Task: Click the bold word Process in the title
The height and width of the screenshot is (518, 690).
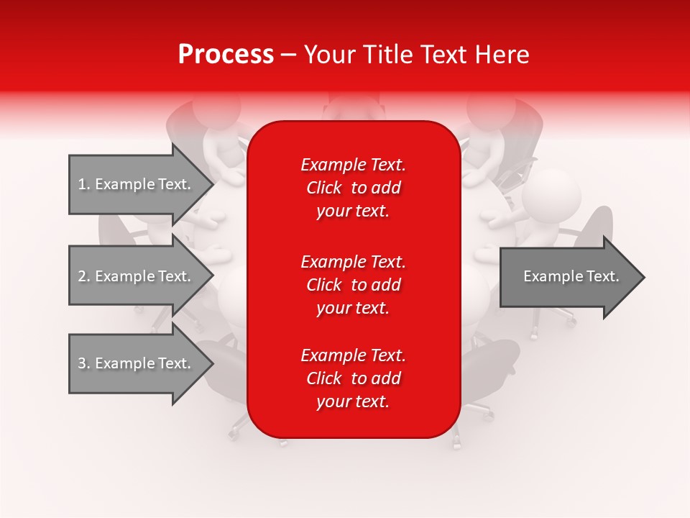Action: coord(226,55)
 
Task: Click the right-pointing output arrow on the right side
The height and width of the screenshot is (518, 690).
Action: coord(568,277)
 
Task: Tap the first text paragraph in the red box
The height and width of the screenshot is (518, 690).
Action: coord(353,188)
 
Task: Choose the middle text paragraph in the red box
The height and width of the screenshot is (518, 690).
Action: coord(353,284)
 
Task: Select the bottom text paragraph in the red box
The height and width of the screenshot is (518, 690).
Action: coord(353,378)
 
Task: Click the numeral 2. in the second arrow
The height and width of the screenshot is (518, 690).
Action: coord(84,276)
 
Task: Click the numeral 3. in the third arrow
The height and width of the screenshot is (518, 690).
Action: coord(84,363)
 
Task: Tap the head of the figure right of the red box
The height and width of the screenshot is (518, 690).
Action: coord(551,194)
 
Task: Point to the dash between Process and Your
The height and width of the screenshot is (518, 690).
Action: coord(288,55)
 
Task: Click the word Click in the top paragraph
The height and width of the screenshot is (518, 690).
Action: coord(324,188)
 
